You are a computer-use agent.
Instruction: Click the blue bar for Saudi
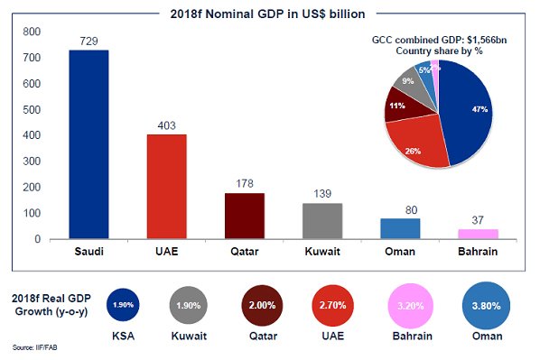coord(88,144)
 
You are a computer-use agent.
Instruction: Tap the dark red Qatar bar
coord(245,217)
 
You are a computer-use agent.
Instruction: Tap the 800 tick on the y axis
coord(32,32)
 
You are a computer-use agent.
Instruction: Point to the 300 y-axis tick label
coord(32,162)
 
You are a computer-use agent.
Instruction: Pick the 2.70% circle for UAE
coord(335,306)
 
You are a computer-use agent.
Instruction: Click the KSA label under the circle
coord(122,335)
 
